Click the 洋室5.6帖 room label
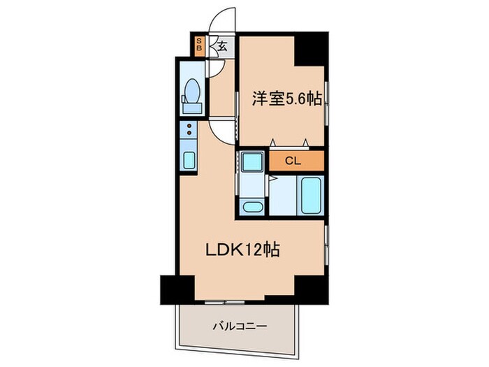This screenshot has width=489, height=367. tap(287, 100)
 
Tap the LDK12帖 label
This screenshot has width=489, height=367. tap(242, 250)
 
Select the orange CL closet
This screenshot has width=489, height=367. tap(293, 160)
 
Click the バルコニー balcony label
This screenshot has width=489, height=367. tap(233, 326)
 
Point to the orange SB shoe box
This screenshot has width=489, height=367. tap(199, 45)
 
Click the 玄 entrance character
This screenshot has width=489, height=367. tap(221, 48)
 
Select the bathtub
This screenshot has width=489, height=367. tap(310, 196)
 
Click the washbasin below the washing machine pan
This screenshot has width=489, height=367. tap(250, 206)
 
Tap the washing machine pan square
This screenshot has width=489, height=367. tap(250, 163)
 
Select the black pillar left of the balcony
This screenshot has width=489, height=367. tap(177, 288)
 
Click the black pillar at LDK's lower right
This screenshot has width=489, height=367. tap(312, 288)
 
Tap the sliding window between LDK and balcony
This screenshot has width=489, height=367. tap(224, 301)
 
